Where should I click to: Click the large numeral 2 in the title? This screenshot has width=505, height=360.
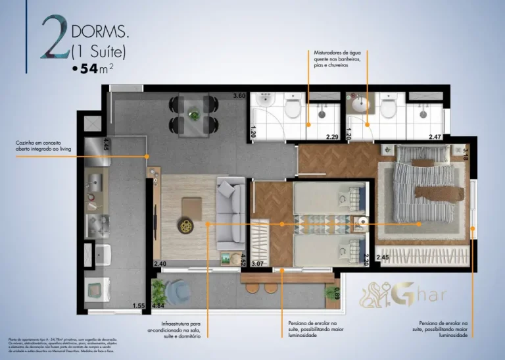click(55, 40)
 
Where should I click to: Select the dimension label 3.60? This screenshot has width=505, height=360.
click(239, 97)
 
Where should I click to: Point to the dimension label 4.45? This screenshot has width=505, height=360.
click(105, 145)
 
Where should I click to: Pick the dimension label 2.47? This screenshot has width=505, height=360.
click(435, 137)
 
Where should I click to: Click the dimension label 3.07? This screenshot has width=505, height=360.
click(258, 265)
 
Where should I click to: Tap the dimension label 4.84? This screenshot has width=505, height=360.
click(158, 306)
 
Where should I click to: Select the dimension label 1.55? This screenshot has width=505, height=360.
click(138, 306)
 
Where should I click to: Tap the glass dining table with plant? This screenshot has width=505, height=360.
click(193, 115)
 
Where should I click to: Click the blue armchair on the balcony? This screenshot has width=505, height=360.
click(178, 291)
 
